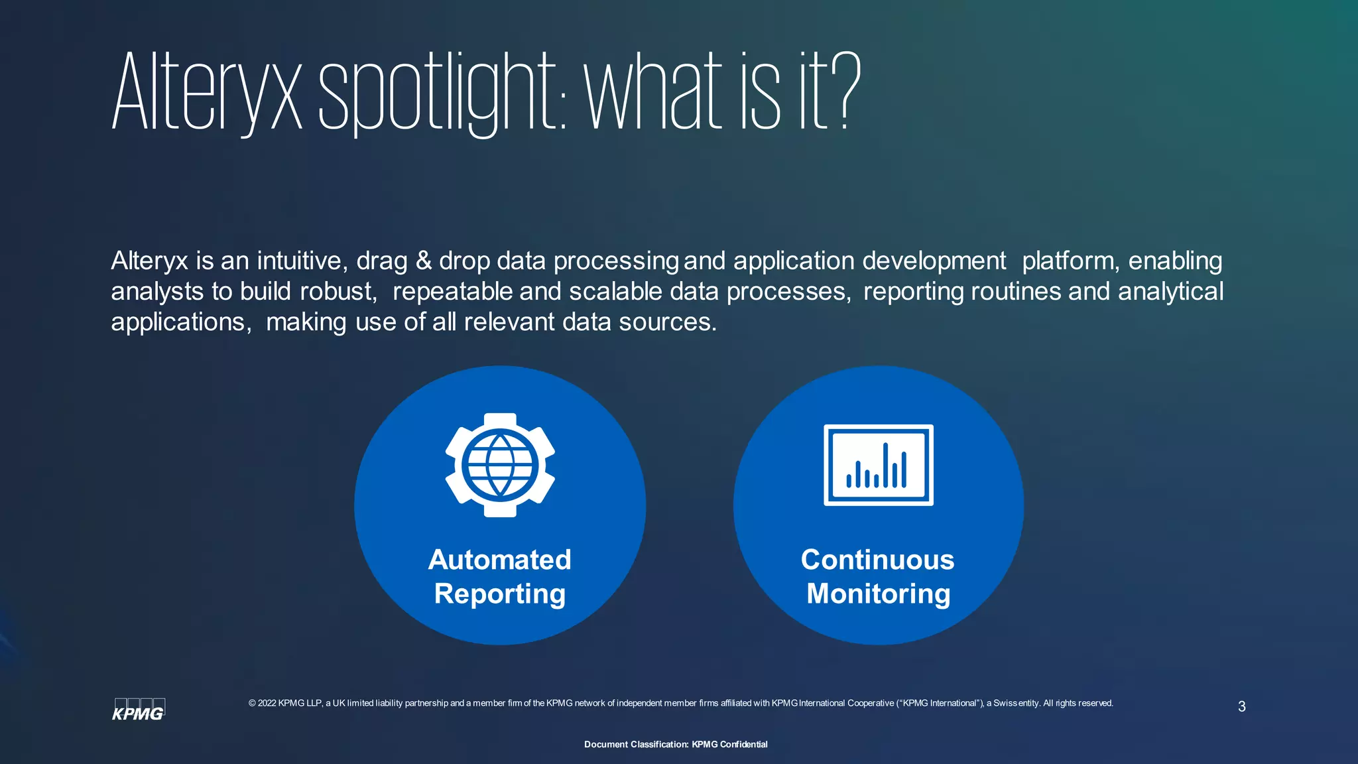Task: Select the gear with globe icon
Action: point(500,465)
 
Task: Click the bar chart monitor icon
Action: point(878,465)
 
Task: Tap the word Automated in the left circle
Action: point(499,560)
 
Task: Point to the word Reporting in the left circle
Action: point(499,594)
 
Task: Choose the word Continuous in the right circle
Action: point(877,560)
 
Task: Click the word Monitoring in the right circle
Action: point(878,594)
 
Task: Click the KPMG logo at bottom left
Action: point(139,710)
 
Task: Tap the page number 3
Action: point(1241,707)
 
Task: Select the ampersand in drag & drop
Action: point(423,261)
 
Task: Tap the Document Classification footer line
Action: point(676,744)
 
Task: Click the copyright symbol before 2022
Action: point(252,704)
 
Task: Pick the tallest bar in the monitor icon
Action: point(885,465)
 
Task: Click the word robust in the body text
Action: point(338,292)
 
